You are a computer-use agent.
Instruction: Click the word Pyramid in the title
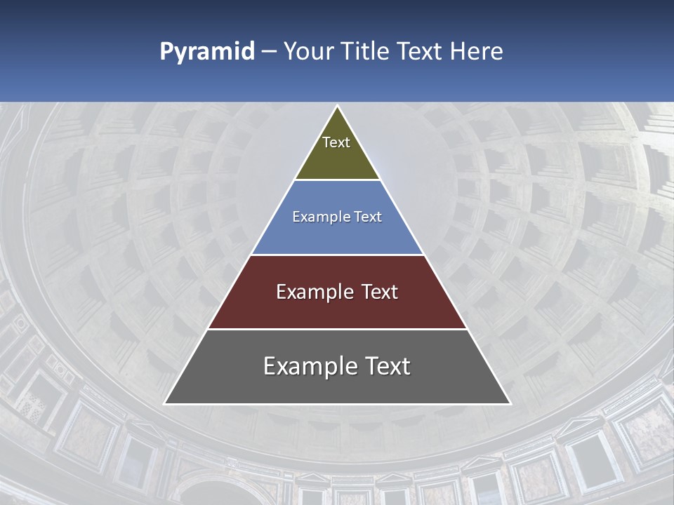pos(207,52)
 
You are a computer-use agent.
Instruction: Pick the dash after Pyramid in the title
pos(269,52)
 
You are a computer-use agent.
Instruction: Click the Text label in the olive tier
pos(336,142)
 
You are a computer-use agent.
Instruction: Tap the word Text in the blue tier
pos(368,217)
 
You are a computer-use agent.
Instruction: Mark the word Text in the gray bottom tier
pos(387,366)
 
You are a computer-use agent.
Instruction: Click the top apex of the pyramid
pos(338,107)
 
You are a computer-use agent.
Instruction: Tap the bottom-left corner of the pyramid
pos(165,403)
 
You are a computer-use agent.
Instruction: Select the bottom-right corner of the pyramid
pos(510,403)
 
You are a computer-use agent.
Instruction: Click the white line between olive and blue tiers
pos(338,180)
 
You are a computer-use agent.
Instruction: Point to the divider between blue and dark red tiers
pos(338,255)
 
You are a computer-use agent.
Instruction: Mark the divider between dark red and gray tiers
pos(338,329)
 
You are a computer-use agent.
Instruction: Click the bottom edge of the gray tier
pos(338,404)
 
